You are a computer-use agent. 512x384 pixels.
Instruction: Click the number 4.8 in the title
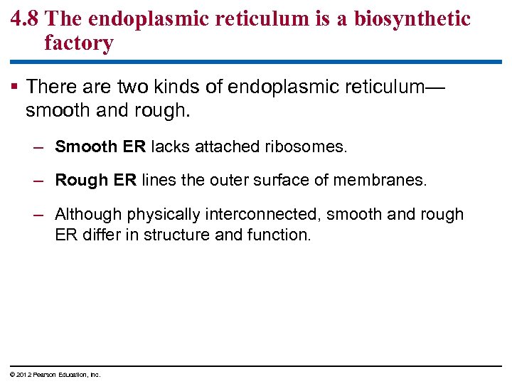26,18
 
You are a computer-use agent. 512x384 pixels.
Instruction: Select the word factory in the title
78,43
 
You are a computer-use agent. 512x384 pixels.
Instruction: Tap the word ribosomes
305,147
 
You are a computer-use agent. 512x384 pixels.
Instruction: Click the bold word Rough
82,181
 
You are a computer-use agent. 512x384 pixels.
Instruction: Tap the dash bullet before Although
40,215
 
